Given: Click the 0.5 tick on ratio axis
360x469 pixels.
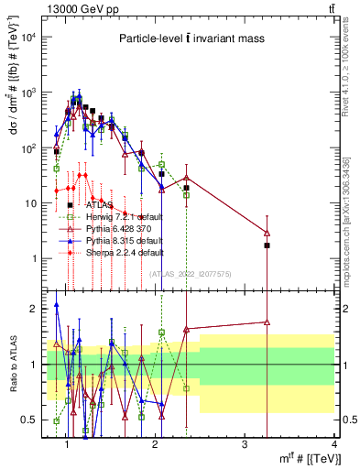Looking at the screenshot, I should tap(32, 420).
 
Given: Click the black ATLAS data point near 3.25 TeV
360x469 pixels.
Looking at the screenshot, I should tap(267, 245).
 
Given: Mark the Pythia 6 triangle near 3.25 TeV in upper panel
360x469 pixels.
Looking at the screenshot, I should tap(267, 233).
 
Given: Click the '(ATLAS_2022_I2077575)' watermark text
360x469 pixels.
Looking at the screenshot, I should tap(191, 273).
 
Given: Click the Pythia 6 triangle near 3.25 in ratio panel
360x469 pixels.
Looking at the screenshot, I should tap(267, 322).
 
